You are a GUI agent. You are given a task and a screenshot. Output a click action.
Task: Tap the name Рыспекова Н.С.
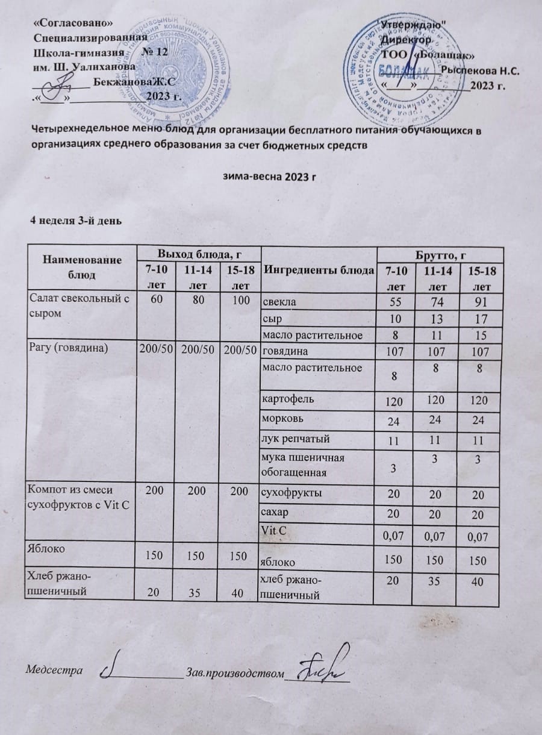pyautogui.click(x=481, y=70)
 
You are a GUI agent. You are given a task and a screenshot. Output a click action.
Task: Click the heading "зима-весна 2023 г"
pyautogui.click(x=270, y=177)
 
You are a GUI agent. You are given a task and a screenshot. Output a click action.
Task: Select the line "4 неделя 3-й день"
pyautogui.click(x=77, y=219)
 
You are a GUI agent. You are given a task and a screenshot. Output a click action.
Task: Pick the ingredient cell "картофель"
pyautogui.click(x=284, y=398)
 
